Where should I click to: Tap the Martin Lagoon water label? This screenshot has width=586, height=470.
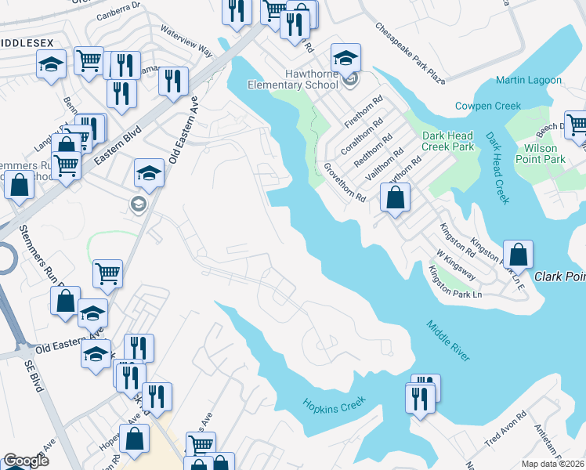coord(528,81)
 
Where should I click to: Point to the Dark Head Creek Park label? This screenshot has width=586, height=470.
coord(448,140)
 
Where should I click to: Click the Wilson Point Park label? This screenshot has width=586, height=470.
coord(541,154)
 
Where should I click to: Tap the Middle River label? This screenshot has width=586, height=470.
coord(449,342)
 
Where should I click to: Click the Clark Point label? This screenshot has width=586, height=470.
coord(560,277)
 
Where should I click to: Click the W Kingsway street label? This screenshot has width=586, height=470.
coord(457,266)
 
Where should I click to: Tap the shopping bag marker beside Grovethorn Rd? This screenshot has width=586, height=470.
coord(396,199)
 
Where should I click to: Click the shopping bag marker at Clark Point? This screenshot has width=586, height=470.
coord(518,255)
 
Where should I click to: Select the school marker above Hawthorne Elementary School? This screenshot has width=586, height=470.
coord(345,57)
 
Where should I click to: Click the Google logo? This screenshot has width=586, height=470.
coord(27,461)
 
